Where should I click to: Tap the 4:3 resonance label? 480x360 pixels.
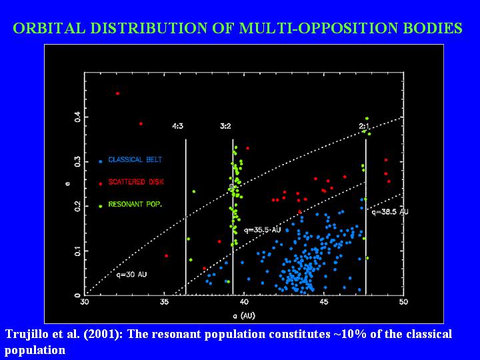179,125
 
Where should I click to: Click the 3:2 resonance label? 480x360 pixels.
225,125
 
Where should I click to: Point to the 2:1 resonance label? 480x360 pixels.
364,125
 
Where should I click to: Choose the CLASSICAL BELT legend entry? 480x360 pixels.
135,160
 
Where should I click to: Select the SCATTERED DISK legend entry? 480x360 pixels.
135,182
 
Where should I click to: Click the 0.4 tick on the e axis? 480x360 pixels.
77,117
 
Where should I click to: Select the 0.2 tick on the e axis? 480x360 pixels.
77,206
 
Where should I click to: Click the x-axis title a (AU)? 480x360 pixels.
244,314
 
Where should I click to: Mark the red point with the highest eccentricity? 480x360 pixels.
117,93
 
